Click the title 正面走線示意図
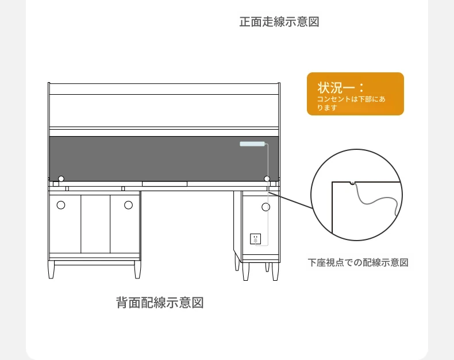(279, 22)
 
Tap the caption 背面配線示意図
(160, 303)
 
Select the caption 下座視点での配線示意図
(358, 262)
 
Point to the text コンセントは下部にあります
(351, 103)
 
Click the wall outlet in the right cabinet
(255, 239)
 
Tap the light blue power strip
(252, 144)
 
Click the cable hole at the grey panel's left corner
(61, 179)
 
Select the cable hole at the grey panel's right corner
(267, 179)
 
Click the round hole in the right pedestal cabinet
(266, 207)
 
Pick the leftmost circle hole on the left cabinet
(61, 205)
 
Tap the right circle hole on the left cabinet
(128, 205)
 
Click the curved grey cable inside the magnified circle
(376, 199)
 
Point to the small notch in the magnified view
(352, 183)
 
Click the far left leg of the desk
(51, 269)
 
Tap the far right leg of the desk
(275, 271)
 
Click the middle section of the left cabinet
(95, 224)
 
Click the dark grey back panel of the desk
(164, 158)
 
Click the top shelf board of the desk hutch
(164, 89)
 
